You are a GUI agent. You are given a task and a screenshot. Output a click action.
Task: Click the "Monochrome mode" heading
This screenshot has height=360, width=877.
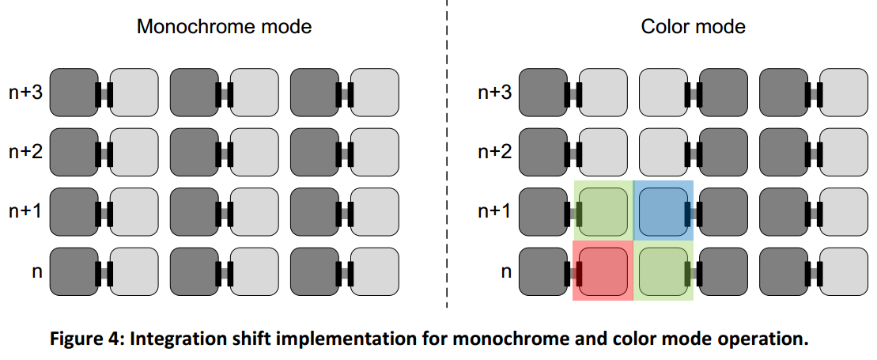pos(224,26)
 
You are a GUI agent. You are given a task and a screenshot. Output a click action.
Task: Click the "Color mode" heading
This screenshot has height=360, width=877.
pos(693,26)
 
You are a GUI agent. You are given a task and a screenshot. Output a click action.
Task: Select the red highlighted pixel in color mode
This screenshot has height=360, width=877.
pos(603,271)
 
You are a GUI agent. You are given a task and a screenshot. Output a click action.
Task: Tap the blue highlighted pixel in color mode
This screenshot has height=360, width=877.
pos(664,211)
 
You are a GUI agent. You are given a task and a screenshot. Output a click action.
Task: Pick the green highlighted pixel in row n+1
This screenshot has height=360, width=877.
pos(603,211)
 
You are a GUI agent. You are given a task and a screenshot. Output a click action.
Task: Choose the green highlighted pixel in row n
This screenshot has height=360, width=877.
pos(664,271)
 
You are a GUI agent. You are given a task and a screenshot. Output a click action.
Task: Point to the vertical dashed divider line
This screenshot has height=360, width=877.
pos(447,158)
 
